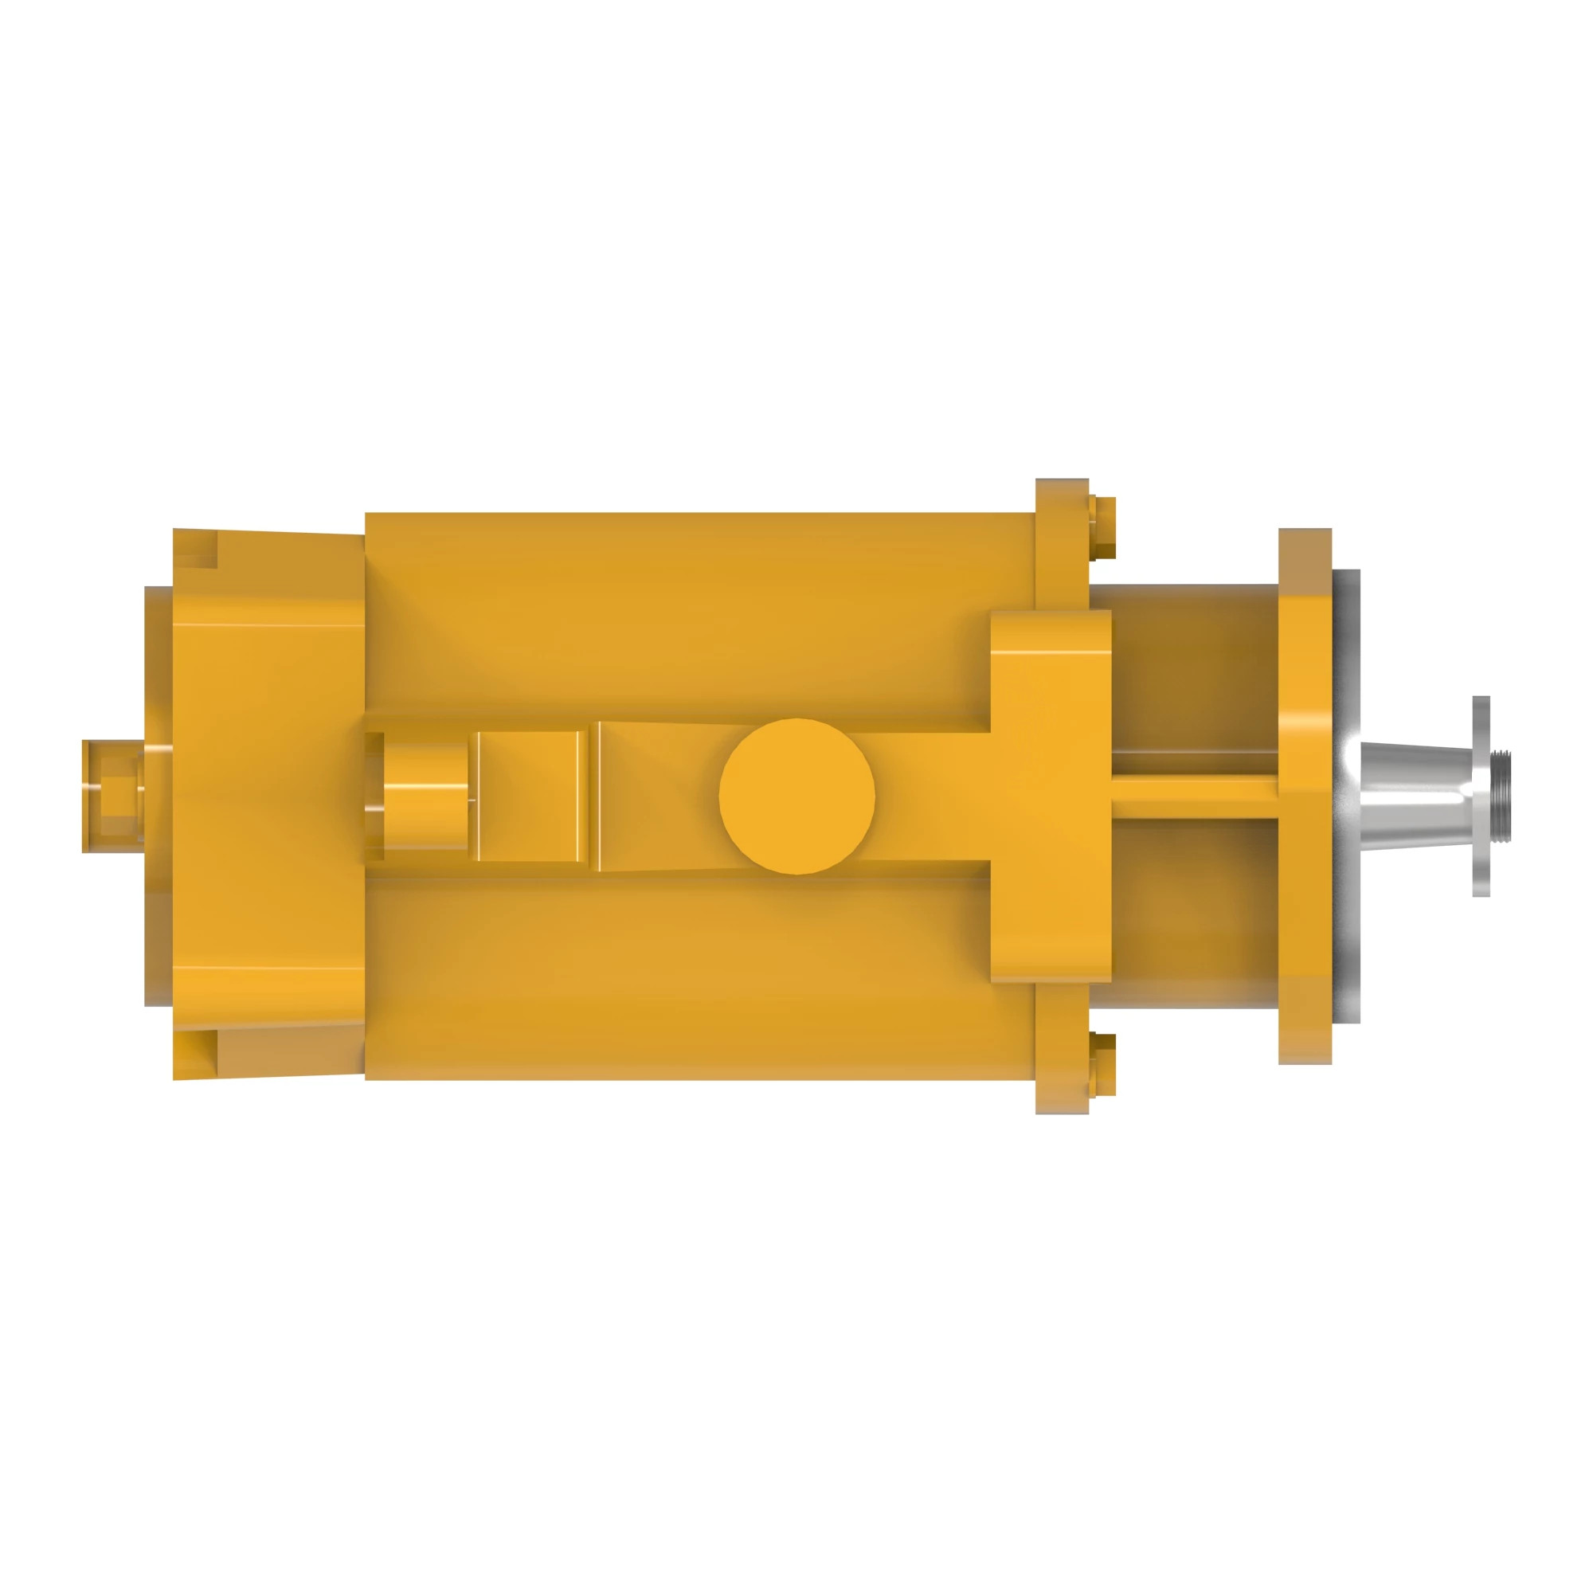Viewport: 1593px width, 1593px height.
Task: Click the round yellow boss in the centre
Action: tap(796, 796)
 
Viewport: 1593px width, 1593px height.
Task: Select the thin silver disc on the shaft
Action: tap(1481, 796)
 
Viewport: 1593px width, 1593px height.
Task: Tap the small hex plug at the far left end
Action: tap(109, 795)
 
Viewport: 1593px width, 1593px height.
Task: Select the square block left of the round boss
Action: tap(528, 796)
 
